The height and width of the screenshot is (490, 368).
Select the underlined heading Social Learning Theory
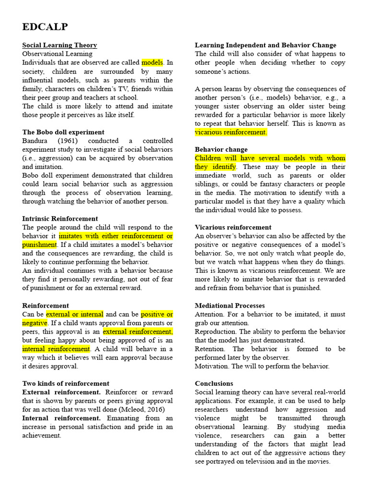tap(59, 45)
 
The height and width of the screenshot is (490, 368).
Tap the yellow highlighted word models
tap(152, 63)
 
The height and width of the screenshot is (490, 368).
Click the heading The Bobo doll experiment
tap(63, 132)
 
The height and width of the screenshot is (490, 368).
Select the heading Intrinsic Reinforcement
tap(60, 219)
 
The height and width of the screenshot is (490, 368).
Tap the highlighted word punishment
tap(39, 245)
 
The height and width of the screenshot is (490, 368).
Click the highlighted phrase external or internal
tap(74, 314)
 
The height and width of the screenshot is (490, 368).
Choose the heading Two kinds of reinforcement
tap(66, 383)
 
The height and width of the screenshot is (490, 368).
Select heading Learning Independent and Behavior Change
tap(265, 45)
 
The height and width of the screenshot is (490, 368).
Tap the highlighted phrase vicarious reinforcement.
tap(230, 132)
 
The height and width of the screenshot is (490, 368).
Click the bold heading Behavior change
tap(221, 149)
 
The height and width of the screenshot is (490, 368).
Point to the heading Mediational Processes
tap(230, 305)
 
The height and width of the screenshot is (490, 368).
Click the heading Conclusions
tap(214, 383)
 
